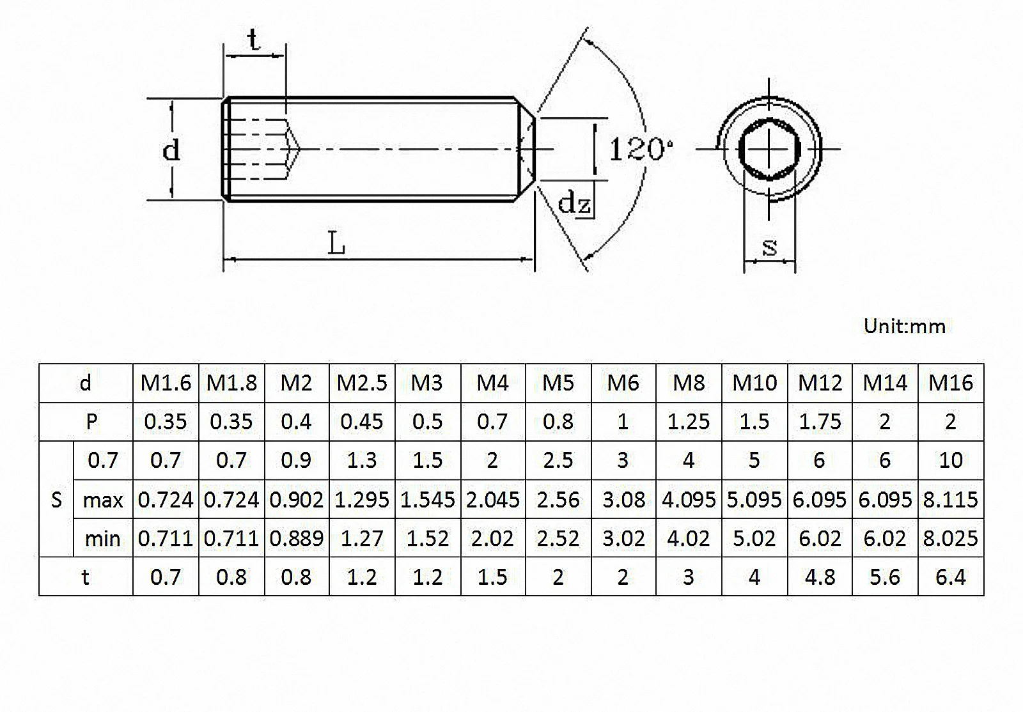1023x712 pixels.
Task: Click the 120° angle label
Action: click(x=639, y=150)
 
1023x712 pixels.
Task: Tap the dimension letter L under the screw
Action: click(x=336, y=244)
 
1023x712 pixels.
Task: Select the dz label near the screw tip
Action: click(x=574, y=203)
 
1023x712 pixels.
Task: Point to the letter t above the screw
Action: click(x=254, y=40)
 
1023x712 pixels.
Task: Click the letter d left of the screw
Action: click(x=171, y=150)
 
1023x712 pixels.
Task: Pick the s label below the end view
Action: click(x=770, y=246)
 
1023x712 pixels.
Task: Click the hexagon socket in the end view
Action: click(x=769, y=150)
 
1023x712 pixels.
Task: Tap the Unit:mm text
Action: click(x=904, y=326)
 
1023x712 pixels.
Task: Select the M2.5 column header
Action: click(x=362, y=383)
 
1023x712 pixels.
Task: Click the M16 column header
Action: click(x=950, y=383)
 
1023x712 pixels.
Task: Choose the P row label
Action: click(x=91, y=422)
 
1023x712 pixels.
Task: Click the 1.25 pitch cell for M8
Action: click(x=689, y=422)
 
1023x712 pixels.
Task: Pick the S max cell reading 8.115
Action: click(x=950, y=499)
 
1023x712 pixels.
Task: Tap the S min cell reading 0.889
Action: click(x=296, y=538)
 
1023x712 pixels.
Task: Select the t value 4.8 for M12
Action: click(x=820, y=577)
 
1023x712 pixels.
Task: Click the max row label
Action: click(x=103, y=499)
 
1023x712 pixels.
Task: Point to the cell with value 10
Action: click(x=950, y=460)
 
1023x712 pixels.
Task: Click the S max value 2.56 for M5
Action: click(x=558, y=499)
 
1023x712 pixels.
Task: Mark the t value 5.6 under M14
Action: click(x=885, y=577)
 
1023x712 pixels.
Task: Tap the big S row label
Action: click(x=56, y=499)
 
